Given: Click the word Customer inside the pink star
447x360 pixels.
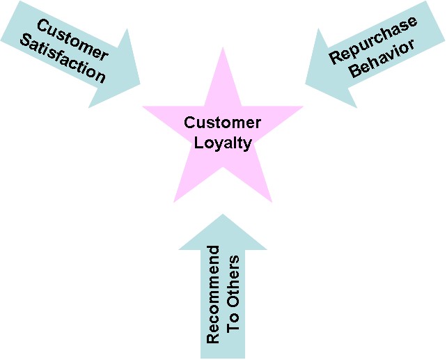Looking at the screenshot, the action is pos(222,123).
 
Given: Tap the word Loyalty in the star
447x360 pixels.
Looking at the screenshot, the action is pos(222,143).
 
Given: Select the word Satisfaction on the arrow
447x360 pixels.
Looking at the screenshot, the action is pos(63,58).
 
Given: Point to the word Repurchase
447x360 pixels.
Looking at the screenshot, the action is pos(373,40).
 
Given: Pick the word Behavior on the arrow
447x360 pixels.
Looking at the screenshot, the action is pos(382,59).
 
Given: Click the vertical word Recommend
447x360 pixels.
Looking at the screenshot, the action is pos(213,295).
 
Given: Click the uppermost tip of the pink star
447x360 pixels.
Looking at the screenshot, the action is pos(223,47).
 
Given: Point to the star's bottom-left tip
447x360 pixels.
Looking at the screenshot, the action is pos(174,202).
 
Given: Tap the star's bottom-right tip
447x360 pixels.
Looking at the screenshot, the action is pos(272,202).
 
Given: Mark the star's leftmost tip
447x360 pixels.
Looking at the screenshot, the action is pos(143,107).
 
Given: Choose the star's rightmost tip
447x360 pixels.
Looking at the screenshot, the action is pos(302,107).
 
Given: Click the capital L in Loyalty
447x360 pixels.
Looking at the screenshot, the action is pos(198,143).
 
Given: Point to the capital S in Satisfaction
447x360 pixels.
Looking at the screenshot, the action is pos(25,40).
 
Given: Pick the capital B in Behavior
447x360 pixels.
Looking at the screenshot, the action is pos(356,71).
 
